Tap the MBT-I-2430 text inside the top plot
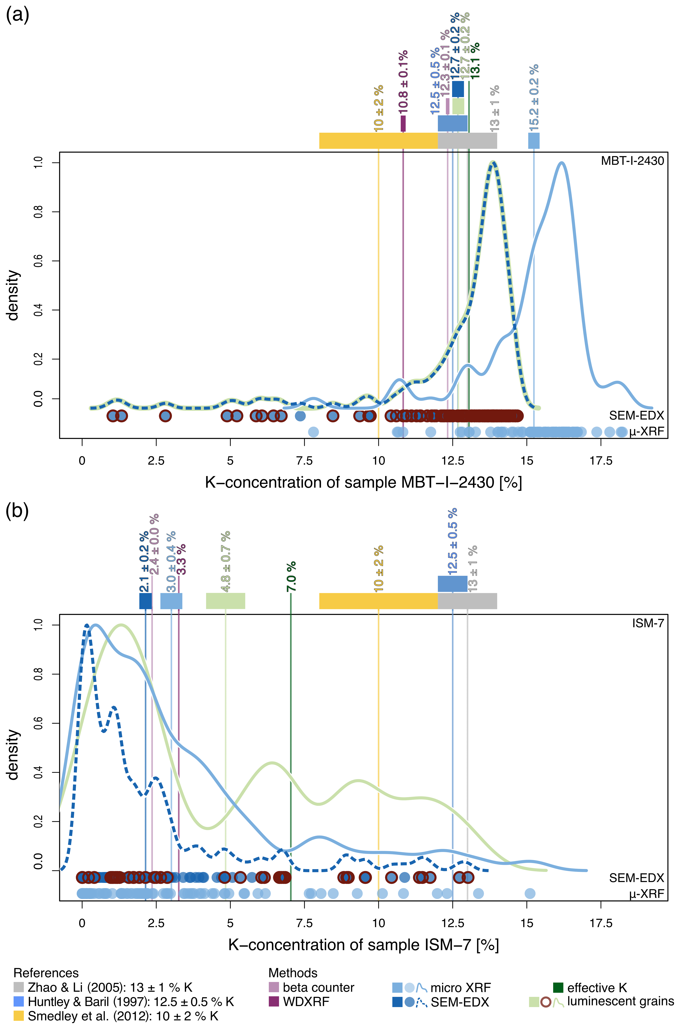pyautogui.click(x=632, y=161)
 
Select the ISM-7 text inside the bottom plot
pyautogui.click(x=648, y=624)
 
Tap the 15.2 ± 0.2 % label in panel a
pyautogui.click(x=534, y=97)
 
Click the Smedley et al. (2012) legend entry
pyautogui.click(x=123, y=1016)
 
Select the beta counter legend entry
pyautogui.click(x=318, y=987)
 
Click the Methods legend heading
pyautogui.click(x=293, y=973)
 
